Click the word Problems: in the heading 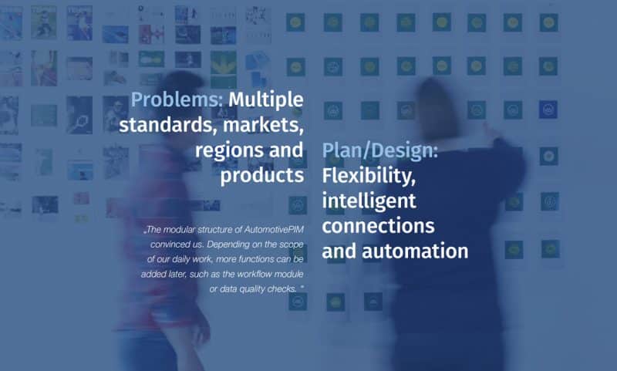177,100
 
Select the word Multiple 266,100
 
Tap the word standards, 167,125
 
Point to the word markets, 263,125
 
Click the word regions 228,151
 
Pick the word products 262,175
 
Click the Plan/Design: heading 379,150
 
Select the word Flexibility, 369,175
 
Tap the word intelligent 369,201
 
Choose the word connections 378,226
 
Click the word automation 415,251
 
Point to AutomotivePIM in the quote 274,229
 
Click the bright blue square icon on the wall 548,110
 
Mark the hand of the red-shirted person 200,327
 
